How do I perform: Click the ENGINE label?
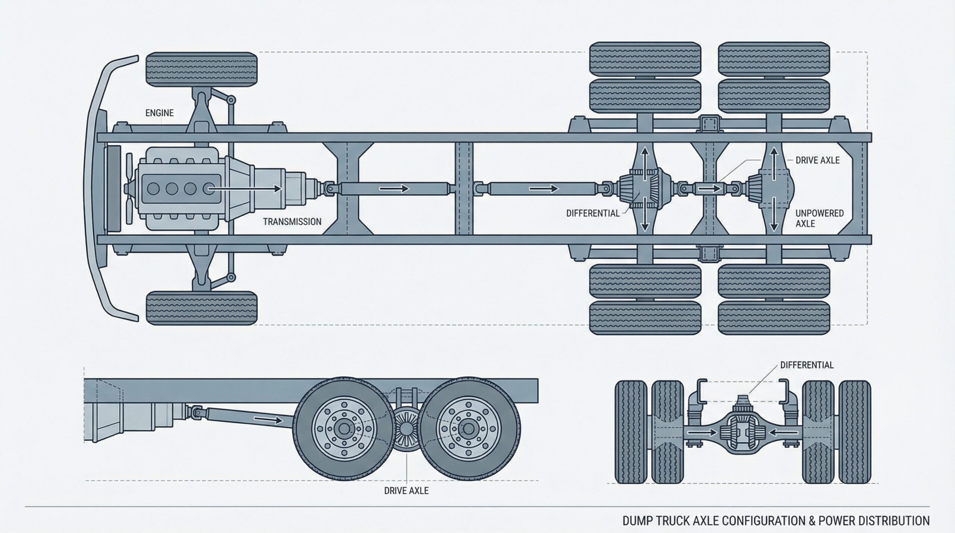click(159, 113)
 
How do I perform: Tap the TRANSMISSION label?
click(292, 222)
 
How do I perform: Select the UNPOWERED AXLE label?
click(819, 219)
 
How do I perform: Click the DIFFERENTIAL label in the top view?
click(592, 213)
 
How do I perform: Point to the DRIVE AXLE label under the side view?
click(406, 490)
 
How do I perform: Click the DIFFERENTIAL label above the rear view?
click(807, 365)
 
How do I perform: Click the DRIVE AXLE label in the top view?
click(817, 160)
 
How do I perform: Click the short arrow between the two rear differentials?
click(708, 189)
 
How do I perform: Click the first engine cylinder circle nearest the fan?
click(153, 189)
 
